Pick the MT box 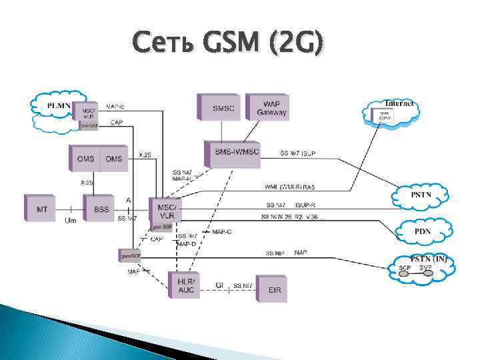point(43,209)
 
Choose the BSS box point(101,209)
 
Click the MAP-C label point(222,232)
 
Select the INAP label point(300,253)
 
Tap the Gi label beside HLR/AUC point(218,285)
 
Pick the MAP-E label point(115,106)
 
